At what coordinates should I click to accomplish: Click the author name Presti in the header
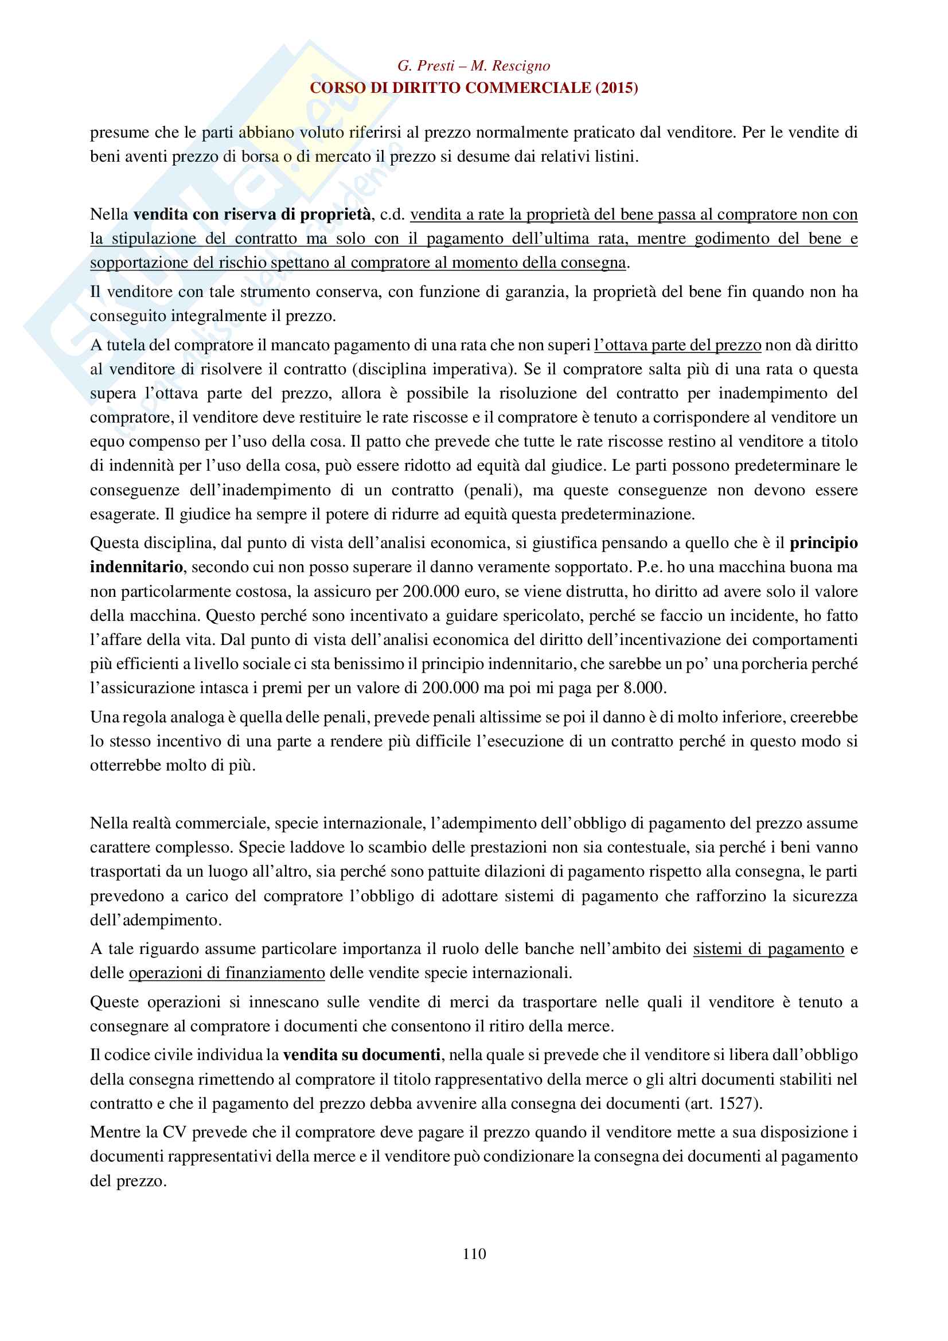pyautogui.click(x=435, y=66)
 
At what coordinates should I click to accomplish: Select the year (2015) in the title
pyautogui.click(x=617, y=88)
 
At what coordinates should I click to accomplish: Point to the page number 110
pyautogui.click(x=474, y=1253)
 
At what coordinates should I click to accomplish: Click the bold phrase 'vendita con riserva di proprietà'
pyautogui.click(x=252, y=214)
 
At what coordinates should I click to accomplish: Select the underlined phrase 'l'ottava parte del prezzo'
pyautogui.click(x=677, y=345)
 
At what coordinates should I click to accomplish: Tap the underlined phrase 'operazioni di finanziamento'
pyautogui.click(x=227, y=973)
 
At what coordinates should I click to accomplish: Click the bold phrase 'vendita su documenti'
pyautogui.click(x=361, y=1055)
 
